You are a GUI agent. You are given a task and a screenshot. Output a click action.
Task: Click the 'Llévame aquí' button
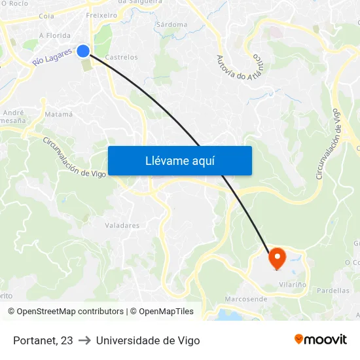[179, 161]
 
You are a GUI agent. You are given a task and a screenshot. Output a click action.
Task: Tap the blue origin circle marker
[83, 50]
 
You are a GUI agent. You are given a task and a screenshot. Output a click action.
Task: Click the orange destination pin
[276, 258]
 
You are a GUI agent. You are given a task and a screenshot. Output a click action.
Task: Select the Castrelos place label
[121, 58]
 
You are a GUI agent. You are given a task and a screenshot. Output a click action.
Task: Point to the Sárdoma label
[171, 25]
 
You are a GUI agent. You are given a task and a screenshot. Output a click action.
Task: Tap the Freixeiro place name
[101, 14]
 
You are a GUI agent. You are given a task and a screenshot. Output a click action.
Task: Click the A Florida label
[55, 35]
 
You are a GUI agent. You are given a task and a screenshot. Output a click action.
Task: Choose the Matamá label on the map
[58, 115]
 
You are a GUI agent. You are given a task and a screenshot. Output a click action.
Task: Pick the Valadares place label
[122, 226]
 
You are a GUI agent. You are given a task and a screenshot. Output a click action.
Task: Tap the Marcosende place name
[245, 299]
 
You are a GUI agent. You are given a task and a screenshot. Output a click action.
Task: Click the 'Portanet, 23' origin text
[43, 340]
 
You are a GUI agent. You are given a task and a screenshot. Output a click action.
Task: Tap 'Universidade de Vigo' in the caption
[148, 340]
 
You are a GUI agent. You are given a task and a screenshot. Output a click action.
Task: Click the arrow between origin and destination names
[84, 340]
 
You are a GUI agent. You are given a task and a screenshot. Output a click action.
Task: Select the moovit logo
[320, 339]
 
